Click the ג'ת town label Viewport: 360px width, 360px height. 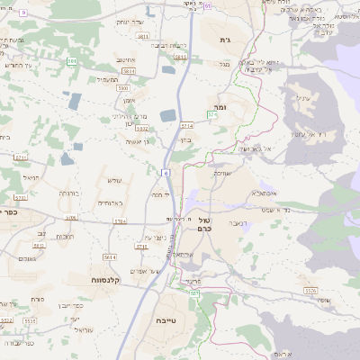click(x=226, y=40)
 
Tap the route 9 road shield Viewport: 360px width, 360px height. click(x=23, y=13)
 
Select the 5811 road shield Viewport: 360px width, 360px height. click(x=143, y=36)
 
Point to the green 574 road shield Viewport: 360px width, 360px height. click(x=212, y=115)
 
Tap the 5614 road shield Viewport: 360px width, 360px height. click(x=110, y=257)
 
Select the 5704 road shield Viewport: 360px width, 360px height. click(x=120, y=220)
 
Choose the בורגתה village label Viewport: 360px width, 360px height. click(x=69, y=193)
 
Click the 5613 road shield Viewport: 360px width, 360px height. click(x=141, y=244)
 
